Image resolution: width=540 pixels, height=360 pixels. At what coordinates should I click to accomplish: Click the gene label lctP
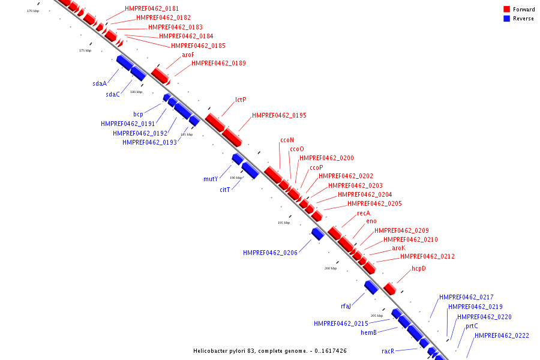coord(241,100)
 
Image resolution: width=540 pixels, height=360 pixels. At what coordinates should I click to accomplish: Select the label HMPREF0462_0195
coord(279,115)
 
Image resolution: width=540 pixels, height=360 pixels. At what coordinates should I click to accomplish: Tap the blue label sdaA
coord(100,84)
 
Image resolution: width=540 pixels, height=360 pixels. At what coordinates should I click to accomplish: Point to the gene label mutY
coord(211,179)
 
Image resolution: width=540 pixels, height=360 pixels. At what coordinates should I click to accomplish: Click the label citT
coord(224,190)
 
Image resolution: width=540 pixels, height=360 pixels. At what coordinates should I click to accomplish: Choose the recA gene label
coord(364,213)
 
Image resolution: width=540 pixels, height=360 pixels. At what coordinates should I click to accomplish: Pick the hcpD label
coord(419,268)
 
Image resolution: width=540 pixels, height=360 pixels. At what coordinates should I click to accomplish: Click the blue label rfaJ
coord(346,306)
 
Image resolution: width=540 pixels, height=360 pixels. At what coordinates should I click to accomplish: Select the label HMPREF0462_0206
coord(270,253)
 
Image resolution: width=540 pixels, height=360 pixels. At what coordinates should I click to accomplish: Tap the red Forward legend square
coord(506,9)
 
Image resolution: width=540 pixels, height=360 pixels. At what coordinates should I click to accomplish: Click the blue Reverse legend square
coord(506,19)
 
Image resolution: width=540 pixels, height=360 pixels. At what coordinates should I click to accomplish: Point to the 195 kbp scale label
coord(283,223)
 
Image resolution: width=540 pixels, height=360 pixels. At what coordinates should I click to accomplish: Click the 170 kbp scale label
coord(33,11)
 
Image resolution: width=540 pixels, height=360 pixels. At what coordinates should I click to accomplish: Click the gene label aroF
coord(188,55)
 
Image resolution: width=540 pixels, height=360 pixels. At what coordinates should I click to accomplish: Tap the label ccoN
coord(287,140)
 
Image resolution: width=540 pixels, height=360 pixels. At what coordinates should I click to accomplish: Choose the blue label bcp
coord(138,114)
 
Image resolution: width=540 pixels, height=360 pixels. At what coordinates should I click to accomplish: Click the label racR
coord(388,351)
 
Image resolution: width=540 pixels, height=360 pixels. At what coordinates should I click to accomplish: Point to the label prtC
coord(472,326)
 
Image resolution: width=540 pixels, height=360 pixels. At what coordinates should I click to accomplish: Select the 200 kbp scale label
coord(330,268)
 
